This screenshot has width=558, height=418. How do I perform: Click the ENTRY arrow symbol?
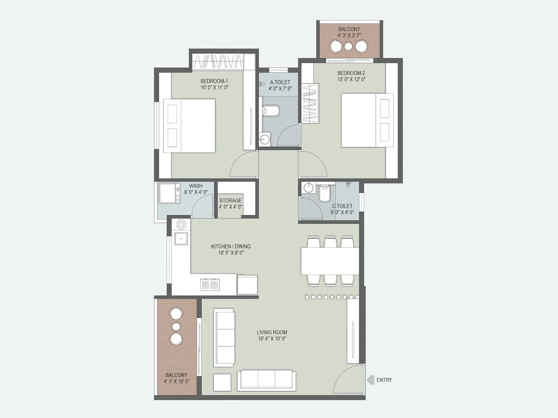click(370, 380)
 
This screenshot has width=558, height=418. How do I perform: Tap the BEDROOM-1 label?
click(214, 81)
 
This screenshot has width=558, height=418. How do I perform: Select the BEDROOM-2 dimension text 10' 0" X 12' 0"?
click(351, 79)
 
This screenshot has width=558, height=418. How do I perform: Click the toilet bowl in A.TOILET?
click(271, 111)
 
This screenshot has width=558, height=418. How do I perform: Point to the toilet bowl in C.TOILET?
click(324, 194)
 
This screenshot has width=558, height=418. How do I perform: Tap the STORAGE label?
click(230, 201)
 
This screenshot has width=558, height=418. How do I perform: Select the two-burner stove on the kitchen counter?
click(210, 285)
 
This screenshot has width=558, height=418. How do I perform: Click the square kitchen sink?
click(181, 239)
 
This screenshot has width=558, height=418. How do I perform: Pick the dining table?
click(330, 261)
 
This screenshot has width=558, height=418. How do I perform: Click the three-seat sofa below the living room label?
click(266, 380)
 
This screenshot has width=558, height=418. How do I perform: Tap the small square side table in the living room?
click(222, 382)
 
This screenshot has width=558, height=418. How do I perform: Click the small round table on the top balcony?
click(348, 46)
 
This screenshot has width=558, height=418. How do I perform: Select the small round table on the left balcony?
click(176, 327)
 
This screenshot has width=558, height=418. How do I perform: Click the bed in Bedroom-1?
click(189, 126)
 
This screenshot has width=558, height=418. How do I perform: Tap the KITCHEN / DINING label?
click(231, 246)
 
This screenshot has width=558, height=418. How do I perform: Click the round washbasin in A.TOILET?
click(265, 139)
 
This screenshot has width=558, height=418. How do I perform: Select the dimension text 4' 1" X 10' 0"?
click(176, 381)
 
